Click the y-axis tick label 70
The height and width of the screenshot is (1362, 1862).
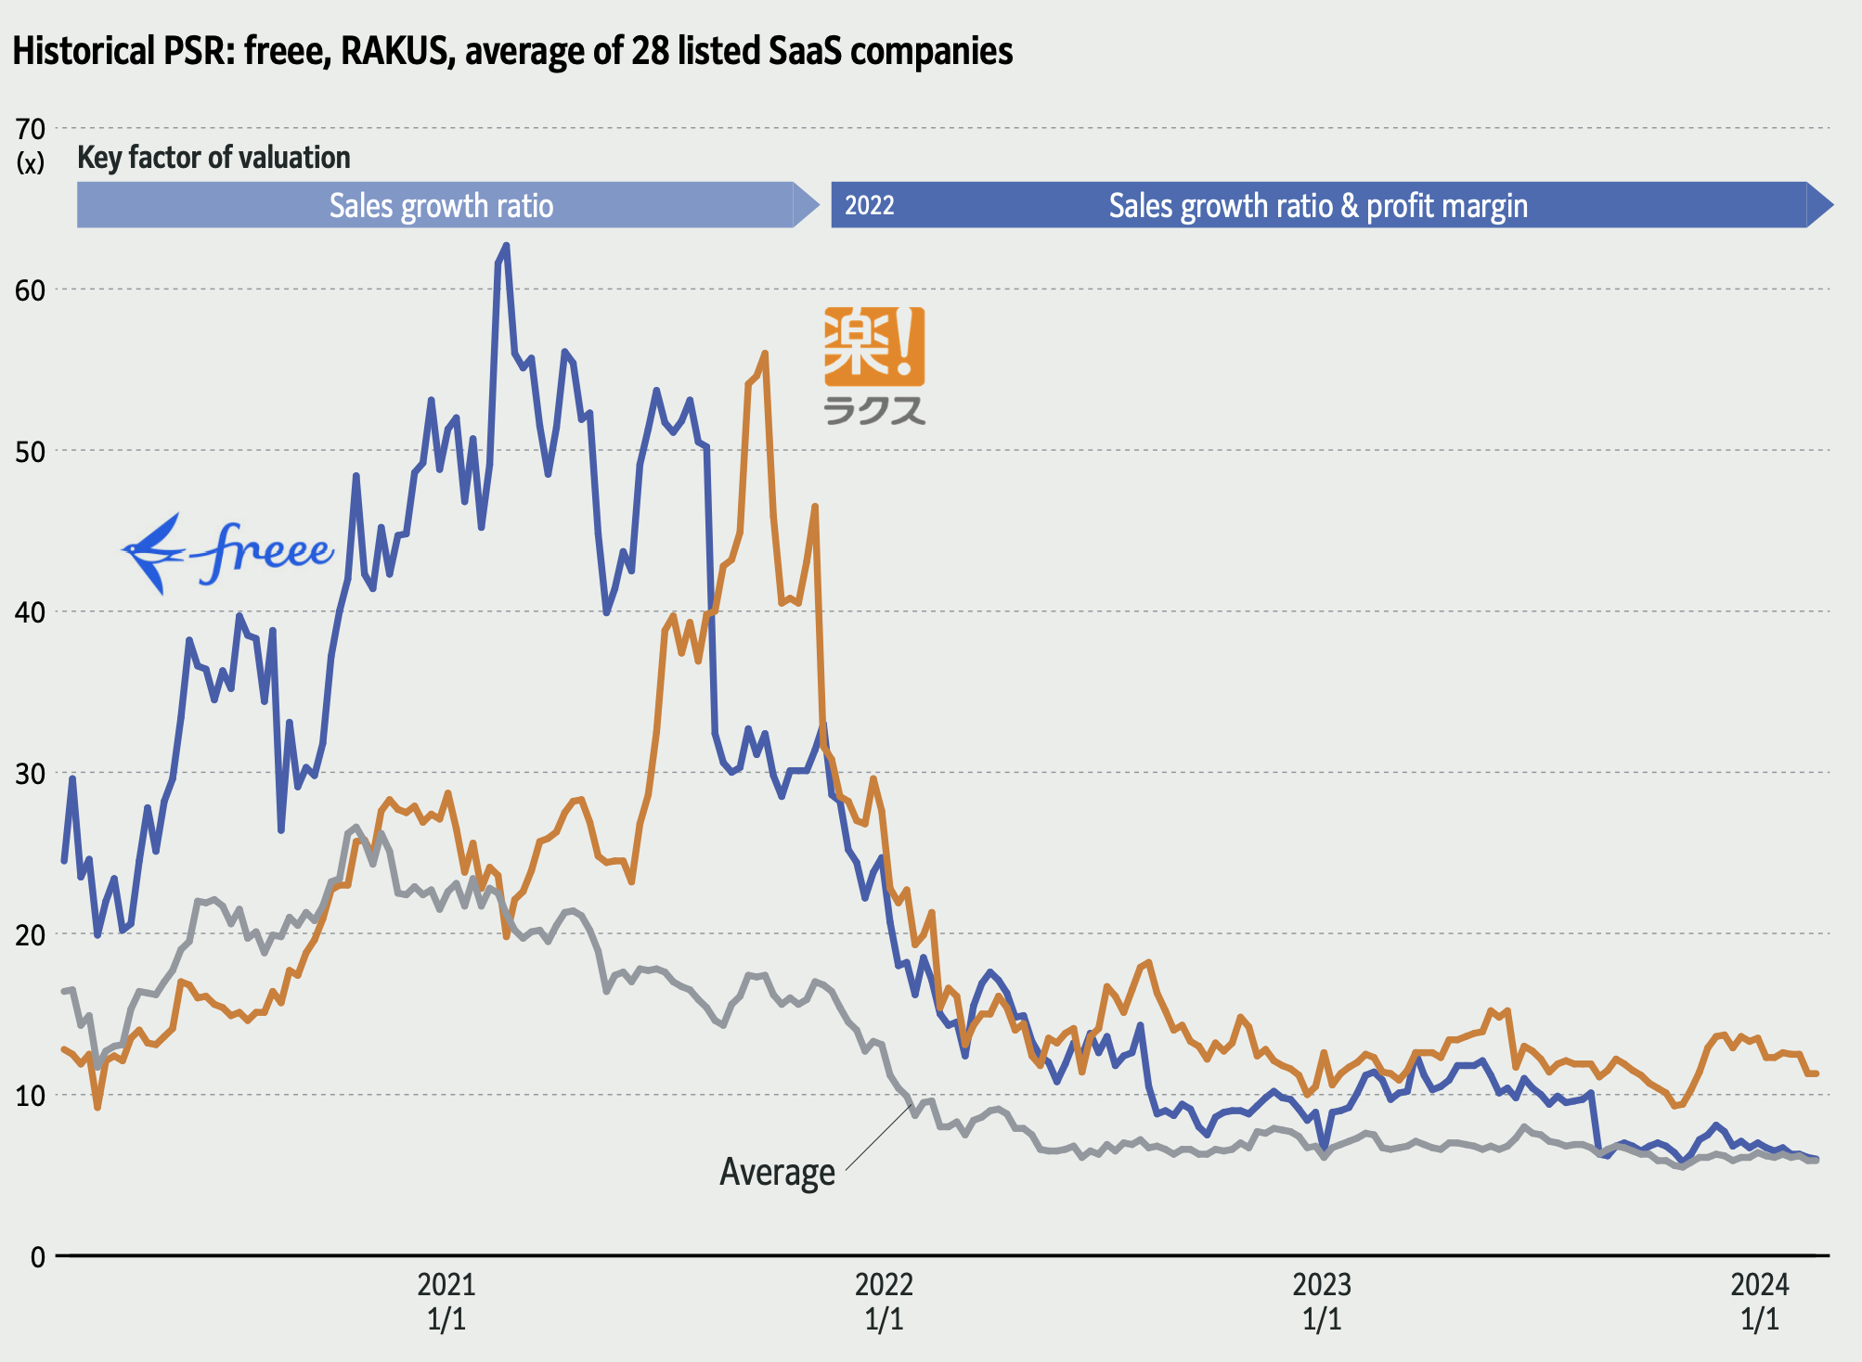click(31, 129)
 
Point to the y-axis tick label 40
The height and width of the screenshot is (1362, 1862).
click(31, 612)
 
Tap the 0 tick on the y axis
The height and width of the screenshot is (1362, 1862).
click(37, 1257)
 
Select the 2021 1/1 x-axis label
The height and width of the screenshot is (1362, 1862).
click(446, 1301)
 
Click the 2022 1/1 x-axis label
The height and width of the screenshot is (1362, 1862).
click(884, 1301)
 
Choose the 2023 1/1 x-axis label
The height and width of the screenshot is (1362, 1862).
click(1322, 1301)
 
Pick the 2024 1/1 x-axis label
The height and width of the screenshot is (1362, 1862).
click(1760, 1301)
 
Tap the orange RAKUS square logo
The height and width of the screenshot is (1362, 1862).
click(874, 346)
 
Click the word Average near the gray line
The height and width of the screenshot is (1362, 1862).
click(777, 1172)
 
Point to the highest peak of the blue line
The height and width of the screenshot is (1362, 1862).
click(506, 246)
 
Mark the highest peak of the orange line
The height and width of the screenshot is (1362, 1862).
click(765, 353)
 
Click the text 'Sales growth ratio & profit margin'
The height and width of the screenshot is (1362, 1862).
click(1318, 205)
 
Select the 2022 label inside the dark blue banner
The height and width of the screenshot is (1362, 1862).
click(870, 205)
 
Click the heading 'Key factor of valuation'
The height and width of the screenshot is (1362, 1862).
click(213, 158)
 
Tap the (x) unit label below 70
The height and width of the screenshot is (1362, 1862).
click(31, 164)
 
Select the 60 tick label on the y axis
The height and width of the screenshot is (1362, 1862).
click(31, 290)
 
